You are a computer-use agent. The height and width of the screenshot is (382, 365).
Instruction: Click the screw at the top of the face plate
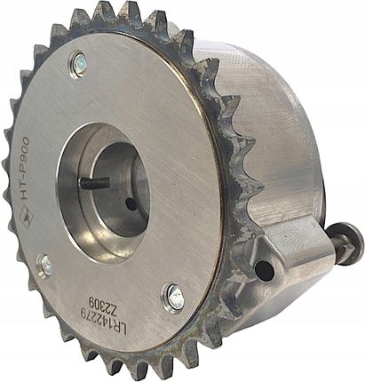point(79,62)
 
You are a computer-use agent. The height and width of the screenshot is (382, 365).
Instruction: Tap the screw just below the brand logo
point(45,264)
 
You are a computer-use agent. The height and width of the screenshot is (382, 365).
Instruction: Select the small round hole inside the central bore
point(131,203)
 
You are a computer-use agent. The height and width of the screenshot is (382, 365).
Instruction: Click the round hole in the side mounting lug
point(264,267)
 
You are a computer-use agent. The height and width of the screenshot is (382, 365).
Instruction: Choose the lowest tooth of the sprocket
point(124,371)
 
